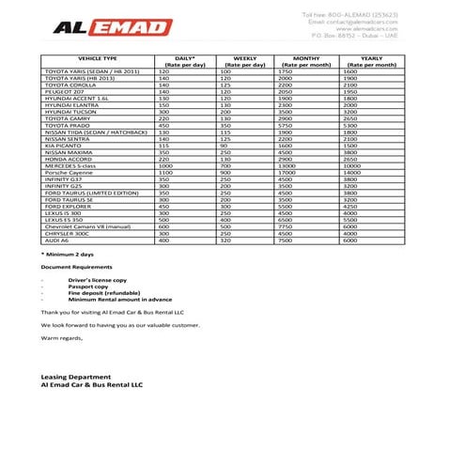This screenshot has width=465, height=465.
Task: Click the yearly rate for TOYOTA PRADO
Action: pyautogui.click(x=350, y=125)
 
